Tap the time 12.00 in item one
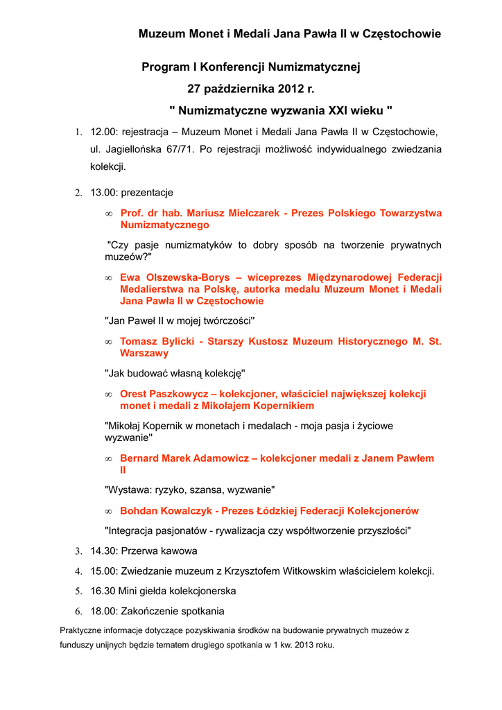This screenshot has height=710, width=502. [x=103, y=132]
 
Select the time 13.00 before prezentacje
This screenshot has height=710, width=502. [x=103, y=192]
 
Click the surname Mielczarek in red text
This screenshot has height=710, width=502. [x=252, y=213]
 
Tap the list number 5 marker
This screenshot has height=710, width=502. [x=78, y=591]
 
